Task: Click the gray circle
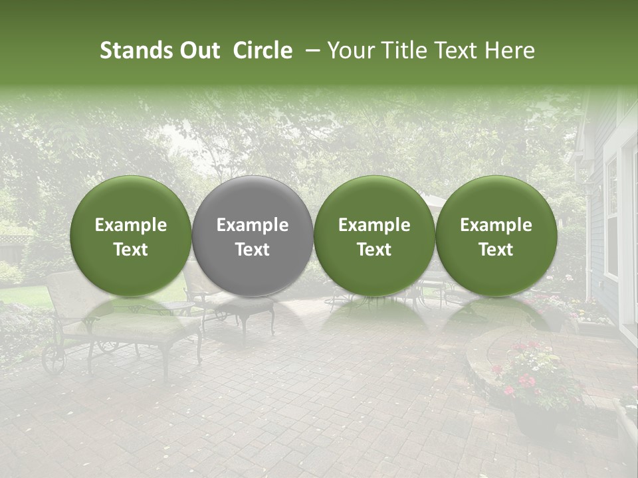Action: [253, 236]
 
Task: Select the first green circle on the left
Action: [131, 236]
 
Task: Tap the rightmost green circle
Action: [496, 236]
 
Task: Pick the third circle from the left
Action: [374, 236]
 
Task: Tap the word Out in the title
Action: [199, 50]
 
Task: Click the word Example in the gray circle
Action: [253, 225]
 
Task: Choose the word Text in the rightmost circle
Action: [496, 250]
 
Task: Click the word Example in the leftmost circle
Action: [131, 225]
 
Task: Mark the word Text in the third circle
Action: [374, 250]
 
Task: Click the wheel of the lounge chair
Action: [53, 359]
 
